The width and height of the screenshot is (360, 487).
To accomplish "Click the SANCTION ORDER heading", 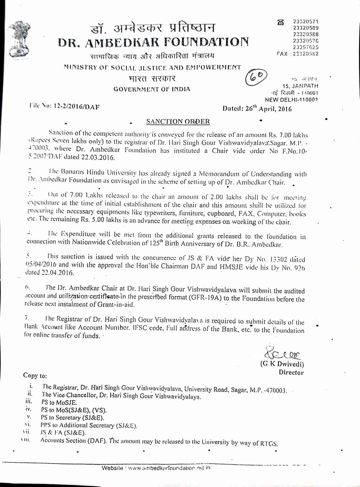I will tap(178, 121).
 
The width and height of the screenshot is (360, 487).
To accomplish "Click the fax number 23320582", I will tap(304, 54).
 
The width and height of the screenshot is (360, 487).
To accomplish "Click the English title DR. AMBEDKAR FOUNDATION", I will tap(154, 42).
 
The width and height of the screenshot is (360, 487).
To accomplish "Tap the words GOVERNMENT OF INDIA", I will tap(152, 89).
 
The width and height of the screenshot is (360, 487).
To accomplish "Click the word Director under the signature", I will tap(291, 372).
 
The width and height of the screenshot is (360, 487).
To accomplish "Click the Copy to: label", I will tap(35, 376).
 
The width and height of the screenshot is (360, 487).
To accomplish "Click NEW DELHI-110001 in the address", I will tap(291, 100).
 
